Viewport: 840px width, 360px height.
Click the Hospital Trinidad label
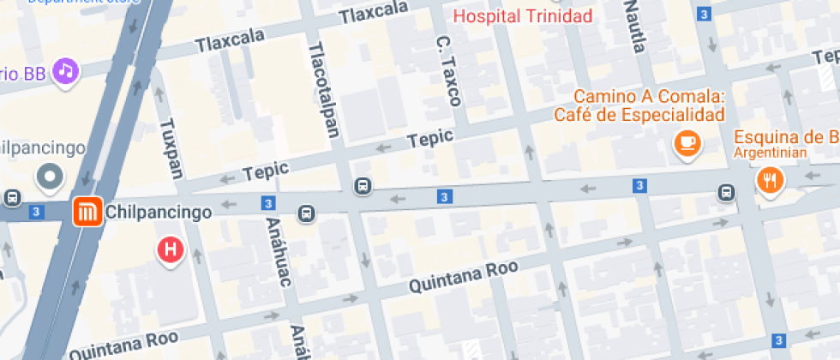click(x=523, y=16)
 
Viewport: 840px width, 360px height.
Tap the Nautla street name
click(x=634, y=27)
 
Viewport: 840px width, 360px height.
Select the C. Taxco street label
click(x=448, y=70)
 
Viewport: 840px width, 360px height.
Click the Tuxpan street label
click(x=171, y=147)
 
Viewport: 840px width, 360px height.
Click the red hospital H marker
click(x=170, y=250)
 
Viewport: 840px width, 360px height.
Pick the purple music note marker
click(x=66, y=70)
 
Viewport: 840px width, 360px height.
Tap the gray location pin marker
click(x=50, y=177)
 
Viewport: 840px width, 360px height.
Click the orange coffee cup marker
click(x=687, y=144)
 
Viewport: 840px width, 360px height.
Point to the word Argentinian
click(x=771, y=153)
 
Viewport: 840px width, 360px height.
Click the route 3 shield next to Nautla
click(x=704, y=14)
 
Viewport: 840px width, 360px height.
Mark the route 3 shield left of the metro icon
click(x=35, y=211)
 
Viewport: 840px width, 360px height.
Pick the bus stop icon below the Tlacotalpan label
click(x=363, y=186)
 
